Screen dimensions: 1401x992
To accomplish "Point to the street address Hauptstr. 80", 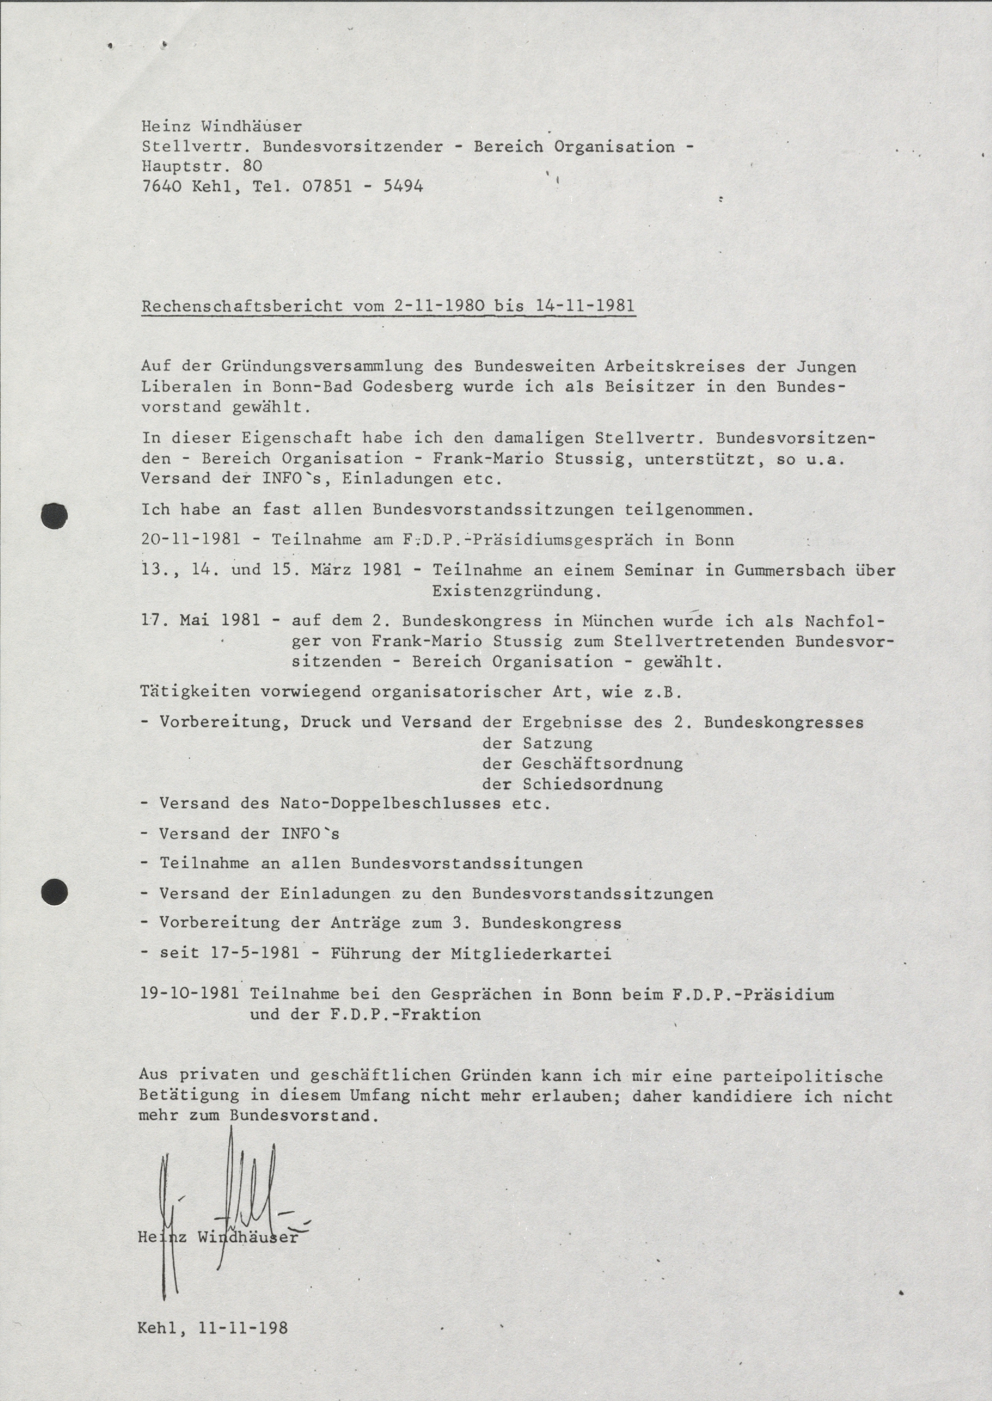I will click(x=202, y=166).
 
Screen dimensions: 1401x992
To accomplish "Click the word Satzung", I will click(x=557, y=744).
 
